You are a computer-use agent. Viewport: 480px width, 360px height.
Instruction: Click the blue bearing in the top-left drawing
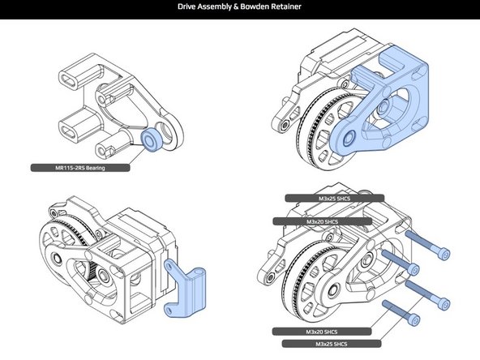[x=149, y=138]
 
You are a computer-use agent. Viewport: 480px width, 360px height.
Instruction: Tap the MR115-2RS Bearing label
[x=79, y=168]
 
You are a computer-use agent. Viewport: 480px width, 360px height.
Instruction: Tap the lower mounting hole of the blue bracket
[x=172, y=309]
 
